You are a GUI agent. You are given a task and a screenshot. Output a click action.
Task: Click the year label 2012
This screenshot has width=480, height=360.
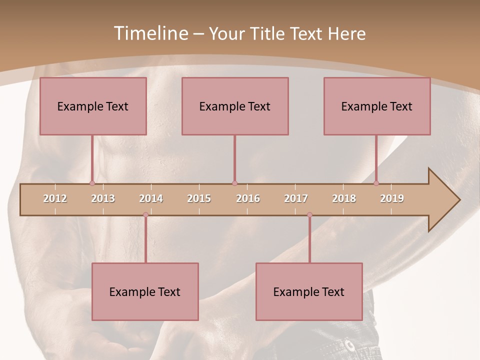(55, 198)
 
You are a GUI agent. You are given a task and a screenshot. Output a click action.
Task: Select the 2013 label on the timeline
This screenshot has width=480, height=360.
(103, 198)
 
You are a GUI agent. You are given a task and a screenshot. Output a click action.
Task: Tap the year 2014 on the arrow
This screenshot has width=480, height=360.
(151, 198)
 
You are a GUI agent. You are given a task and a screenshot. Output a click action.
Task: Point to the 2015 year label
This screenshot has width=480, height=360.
(199, 198)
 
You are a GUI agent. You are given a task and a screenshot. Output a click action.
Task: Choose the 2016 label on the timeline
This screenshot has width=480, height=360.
(248, 198)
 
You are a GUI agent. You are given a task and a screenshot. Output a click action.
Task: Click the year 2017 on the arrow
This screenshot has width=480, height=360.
(296, 198)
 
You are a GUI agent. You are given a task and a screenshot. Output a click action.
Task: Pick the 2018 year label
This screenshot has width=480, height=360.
(344, 198)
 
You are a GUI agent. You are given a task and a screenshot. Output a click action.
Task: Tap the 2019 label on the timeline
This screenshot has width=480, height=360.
(392, 198)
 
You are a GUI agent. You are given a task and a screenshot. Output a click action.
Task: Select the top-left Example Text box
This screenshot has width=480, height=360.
(93, 106)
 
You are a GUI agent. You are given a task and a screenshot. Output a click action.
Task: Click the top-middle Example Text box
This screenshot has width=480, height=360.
(235, 106)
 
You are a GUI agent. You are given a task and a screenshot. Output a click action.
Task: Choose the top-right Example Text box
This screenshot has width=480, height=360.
(377, 106)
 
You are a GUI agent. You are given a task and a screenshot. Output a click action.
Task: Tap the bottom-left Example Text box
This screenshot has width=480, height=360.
(145, 291)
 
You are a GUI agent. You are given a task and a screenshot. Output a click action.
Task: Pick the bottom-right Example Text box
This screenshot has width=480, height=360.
(309, 291)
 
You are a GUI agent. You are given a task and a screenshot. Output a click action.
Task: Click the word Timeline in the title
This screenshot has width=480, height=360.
(150, 33)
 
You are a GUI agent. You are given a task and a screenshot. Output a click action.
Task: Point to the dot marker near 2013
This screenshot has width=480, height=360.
(92, 183)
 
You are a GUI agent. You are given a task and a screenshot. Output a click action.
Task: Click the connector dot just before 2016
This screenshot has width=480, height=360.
(234, 183)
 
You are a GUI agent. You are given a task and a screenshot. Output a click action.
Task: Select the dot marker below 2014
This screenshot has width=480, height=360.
(145, 215)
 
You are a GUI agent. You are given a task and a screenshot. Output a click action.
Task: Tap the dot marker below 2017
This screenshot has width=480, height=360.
(309, 215)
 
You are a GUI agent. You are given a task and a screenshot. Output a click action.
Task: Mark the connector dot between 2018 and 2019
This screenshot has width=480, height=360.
(376, 183)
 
